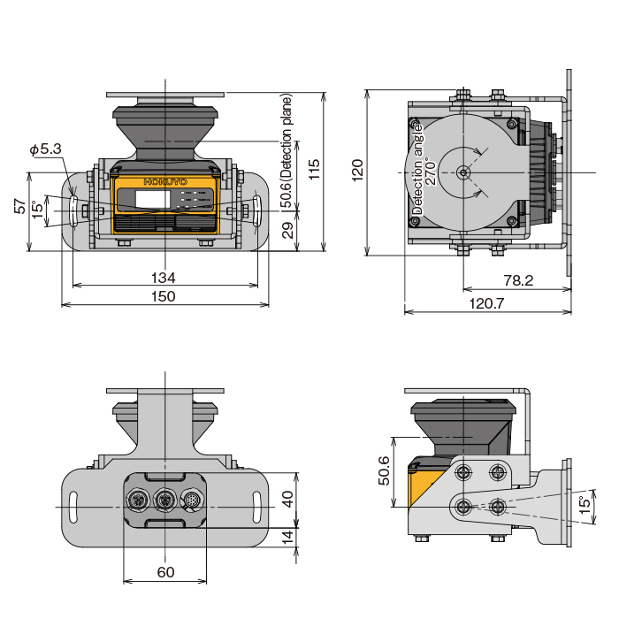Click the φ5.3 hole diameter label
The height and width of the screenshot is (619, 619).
[x=45, y=150]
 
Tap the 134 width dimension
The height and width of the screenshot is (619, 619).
[x=164, y=278]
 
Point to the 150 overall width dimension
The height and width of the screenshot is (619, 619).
[x=164, y=297]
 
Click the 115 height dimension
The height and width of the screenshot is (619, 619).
[x=315, y=169]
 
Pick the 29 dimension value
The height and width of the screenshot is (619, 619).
[x=287, y=230]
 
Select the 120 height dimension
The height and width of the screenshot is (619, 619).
[x=357, y=171]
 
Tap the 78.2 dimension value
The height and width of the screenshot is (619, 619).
[x=518, y=281]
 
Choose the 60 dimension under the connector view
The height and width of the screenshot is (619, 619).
[x=165, y=572]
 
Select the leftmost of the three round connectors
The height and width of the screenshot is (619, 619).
[x=140, y=502]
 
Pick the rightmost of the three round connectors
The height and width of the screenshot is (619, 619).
[x=191, y=502]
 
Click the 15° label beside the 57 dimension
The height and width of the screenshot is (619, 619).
[x=37, y=210]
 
